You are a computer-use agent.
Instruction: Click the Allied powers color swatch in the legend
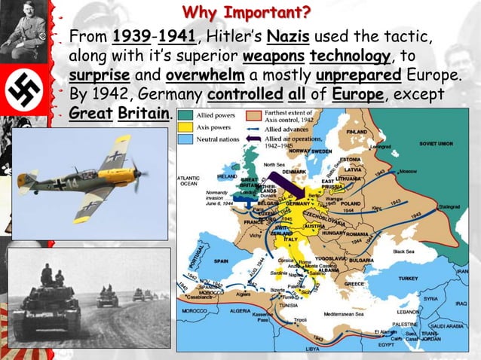[184, 116]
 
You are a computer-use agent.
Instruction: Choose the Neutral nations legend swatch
[184, 140]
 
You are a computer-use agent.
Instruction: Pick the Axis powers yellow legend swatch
[184, 128]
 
